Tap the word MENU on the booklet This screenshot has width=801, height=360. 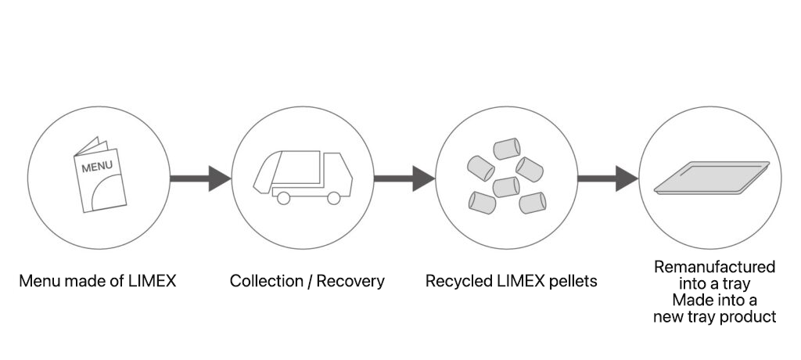pyautogui.click(x=98, y=166)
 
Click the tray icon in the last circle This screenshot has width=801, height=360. pyautogui.click(x=711, y=177)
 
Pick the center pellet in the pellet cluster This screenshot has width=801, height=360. pyautogui.click(x=506, y=187)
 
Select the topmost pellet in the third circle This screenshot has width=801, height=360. pyautogui.click(x=508, y=148)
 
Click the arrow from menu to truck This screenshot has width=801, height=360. pyautogui.click(x=200, y=178)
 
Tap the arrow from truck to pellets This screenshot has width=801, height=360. pyautogui.click(x=404, y=178)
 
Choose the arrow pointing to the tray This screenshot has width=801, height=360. pyautogui.click(x=608, y=178)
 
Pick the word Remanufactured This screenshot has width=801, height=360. pyautogui.click(x=714, y=267)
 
